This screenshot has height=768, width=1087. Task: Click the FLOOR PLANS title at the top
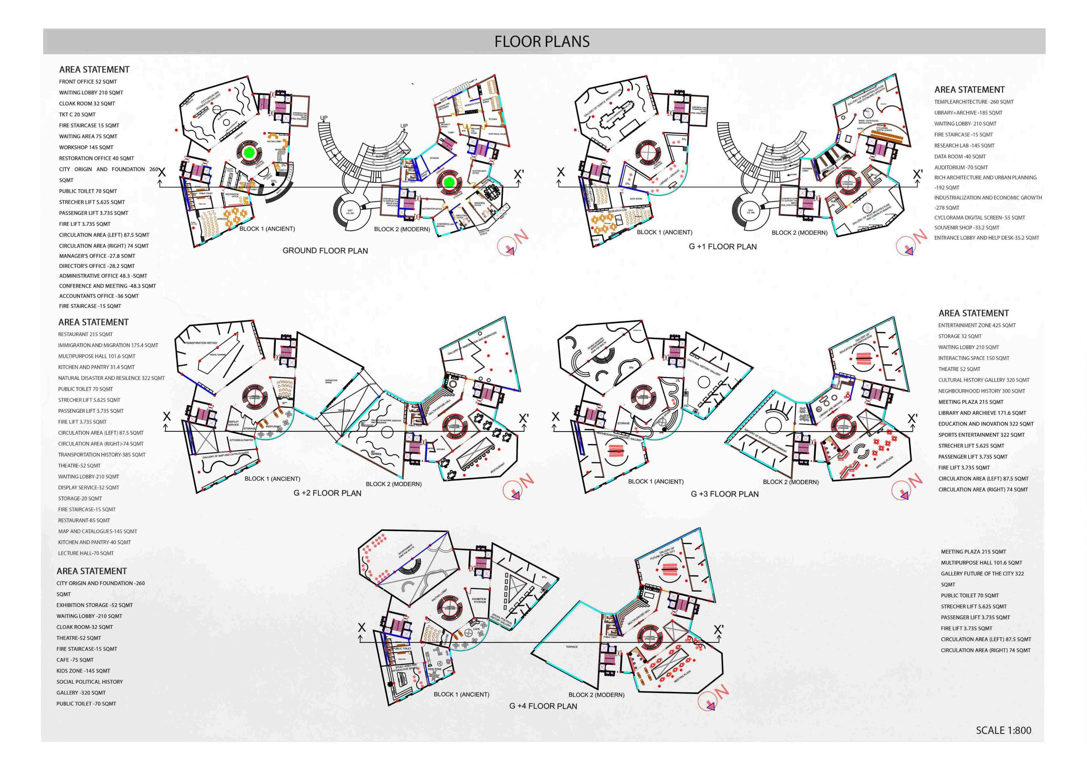(x=542, y=42)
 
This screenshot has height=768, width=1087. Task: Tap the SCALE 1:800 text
(x=1003, y=730)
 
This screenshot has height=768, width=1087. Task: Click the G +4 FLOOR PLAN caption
(x=543, y=706)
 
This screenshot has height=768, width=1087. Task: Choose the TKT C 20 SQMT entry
(x=77, y=114)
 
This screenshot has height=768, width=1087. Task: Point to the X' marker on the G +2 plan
(x=524, y=418)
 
